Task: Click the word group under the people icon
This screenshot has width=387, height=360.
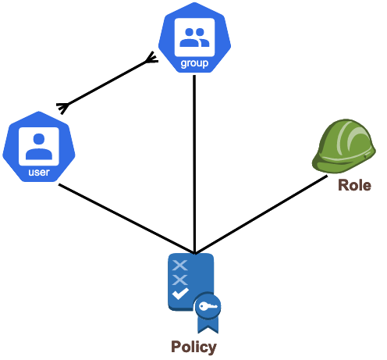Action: click(x=194, y=63)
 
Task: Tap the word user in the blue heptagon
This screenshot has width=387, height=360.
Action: click(x=39, y=172)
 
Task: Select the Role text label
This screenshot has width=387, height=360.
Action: click(x=354, y=185)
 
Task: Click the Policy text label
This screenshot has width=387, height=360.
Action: click(x=193, y=347)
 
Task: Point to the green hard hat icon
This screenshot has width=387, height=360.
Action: click(x=344, y=146)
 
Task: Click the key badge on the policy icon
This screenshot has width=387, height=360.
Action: click(x=208, y=306)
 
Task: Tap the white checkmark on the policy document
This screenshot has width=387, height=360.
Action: click(x=180, y=294)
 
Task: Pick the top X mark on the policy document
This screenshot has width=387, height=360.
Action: click(x=179, y=266)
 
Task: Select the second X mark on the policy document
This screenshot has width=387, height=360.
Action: click(x=179, y=280)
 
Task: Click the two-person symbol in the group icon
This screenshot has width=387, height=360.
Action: click(x=194, y=37)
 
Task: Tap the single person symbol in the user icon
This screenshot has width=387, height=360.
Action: click(x=39, y=146)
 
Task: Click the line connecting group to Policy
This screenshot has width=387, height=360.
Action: click(x=194, y=164)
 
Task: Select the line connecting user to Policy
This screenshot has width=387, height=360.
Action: click(x=126, y=219)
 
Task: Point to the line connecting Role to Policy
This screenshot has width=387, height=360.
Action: click(x=261, y=215)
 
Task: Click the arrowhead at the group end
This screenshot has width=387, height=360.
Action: click(x=152, y=58)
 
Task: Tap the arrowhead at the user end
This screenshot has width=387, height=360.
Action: click(x=63, y=107)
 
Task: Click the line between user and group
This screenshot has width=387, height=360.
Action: click(x=107, y=83)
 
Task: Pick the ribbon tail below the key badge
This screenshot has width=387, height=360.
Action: click(x=208, y=326)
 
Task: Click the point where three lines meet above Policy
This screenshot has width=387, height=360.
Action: click(x=194, y=253)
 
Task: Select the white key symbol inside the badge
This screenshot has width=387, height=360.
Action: click(x=208, y=306)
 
